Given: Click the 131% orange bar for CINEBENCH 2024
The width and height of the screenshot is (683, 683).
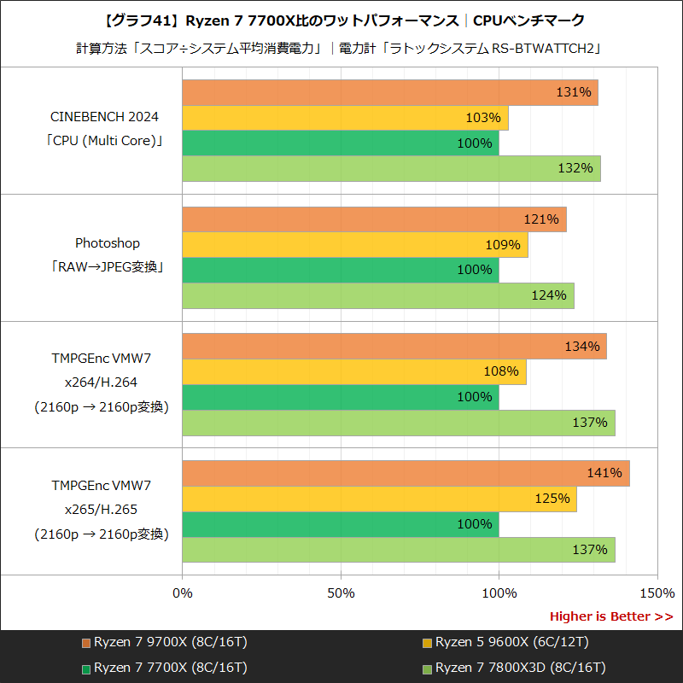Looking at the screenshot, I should click(389, 92).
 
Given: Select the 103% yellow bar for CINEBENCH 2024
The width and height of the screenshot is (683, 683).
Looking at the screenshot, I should click(345, 118).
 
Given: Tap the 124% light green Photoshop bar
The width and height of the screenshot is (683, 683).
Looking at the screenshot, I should click(377, 295).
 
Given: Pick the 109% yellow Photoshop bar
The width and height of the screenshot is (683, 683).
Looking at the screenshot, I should click(354, 245).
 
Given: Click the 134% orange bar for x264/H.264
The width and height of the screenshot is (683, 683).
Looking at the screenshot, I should click(394, 347).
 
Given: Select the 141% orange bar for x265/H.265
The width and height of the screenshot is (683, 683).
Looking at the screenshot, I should click(406, 473).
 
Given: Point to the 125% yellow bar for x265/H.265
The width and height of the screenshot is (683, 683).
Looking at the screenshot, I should click(379, 499).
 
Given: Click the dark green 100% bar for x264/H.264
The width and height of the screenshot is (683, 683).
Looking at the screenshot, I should click(340, 397).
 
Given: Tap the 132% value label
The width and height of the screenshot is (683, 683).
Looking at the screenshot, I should click(575, 168).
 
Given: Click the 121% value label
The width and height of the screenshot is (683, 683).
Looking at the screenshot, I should click(540, 219).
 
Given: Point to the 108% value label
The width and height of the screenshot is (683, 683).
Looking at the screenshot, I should click(501, 371).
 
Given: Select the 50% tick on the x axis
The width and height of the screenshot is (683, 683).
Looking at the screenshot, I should click(341, 593).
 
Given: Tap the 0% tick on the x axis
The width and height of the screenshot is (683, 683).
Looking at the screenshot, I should click(183, 593).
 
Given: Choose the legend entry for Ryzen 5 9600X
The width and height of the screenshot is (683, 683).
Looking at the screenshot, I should click(505, 642).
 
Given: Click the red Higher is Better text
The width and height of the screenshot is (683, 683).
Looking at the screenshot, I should click(610, 616).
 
